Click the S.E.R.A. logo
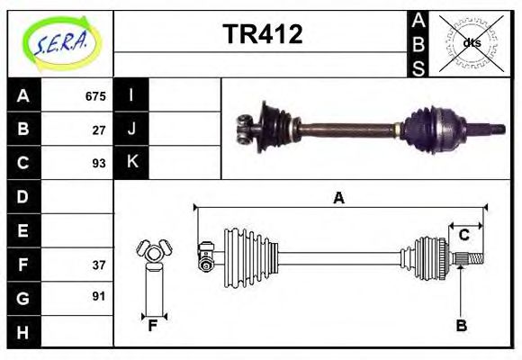pyautogui.click(x=60, y=42)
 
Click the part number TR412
pyautogui.click(x=262, y=34)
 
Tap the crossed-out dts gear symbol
pyautogui.click(x=469, y=42)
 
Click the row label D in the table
pyautogui.click(x=23, y=196)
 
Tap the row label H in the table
pyautogui.click(x=23, y=332)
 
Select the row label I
pyautogui.click(x=131, y=95)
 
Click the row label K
pyautogui.click(x=132, y=163)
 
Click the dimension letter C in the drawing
pyautogui.click(x=463, y=235)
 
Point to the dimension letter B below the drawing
pyautogui.click(x=461, y=327)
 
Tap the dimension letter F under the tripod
pyautogui.click(x=153, y=327)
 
